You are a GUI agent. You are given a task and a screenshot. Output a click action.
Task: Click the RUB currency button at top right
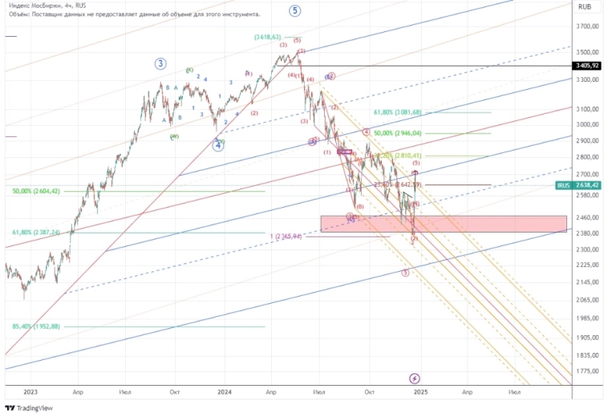point(586,6)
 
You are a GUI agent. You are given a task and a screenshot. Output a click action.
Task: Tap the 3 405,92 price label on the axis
point(589,66)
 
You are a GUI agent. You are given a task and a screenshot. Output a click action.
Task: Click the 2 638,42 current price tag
point(589,185)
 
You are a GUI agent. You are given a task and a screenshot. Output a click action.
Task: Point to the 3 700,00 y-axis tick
point(589,26)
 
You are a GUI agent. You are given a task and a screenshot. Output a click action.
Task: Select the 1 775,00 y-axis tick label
point(589,370)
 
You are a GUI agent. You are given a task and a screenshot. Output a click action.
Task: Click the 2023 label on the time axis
point(30,392)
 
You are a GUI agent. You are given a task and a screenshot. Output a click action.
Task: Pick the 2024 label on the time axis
point(225,392)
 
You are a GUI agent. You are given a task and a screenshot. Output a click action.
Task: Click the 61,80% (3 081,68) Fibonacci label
point(398,112)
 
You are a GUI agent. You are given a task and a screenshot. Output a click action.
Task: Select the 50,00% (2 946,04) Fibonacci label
point(398,133)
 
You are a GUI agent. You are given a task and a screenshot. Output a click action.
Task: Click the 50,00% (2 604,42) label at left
point(37,192)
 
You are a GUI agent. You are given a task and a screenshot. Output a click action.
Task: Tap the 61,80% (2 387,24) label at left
point(37,233)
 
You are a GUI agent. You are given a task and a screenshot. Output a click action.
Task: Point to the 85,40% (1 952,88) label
point(37,326)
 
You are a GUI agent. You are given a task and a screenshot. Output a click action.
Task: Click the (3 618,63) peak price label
point(267,37)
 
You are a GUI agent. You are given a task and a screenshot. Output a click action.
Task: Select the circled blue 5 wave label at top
point(296,10)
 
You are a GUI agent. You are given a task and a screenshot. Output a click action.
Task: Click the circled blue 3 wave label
point(161,63)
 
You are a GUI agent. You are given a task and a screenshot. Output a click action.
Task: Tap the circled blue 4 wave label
point(217,145)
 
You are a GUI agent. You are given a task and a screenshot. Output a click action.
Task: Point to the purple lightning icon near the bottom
point(415,378)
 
